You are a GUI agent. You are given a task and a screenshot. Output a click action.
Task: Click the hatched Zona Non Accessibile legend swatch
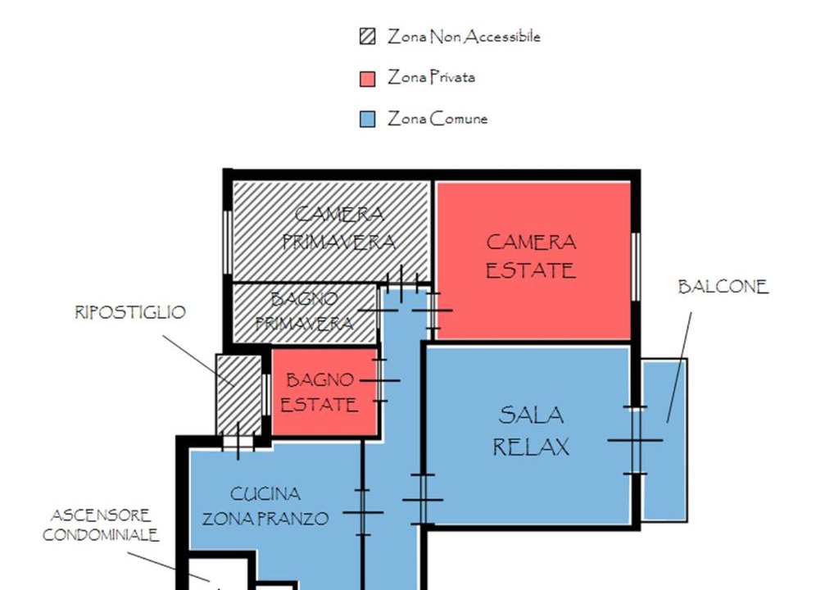pos(367,36)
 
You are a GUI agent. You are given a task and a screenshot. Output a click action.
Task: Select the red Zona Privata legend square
pos(367,79)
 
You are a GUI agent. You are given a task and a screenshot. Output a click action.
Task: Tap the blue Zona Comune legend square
pos(367,120)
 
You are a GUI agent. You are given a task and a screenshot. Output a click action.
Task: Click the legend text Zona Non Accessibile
pos(464,36)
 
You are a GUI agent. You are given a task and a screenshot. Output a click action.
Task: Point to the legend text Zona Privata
pos(431,78)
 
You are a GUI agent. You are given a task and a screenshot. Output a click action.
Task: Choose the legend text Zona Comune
pos(437,119)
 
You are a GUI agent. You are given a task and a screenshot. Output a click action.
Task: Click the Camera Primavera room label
pos(338,228)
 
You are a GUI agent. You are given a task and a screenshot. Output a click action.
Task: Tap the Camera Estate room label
pos(531,256)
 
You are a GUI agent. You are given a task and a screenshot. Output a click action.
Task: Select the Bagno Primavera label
pos(305,311)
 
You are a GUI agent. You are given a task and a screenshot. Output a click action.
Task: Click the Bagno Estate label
pos(319,393)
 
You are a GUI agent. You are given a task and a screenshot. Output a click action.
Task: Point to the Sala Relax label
pos(531,431)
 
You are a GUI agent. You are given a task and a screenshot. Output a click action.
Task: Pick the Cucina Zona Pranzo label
pos(265,506)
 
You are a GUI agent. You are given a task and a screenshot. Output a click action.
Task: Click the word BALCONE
pos(723,287)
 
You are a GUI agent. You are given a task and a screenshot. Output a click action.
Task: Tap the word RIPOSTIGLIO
pos(130,312)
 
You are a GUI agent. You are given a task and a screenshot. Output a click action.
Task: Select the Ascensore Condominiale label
pos(101,525)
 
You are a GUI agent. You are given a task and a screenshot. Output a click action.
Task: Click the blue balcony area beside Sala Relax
pos(664,440)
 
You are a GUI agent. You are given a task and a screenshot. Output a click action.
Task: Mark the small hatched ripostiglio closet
pos(239,395)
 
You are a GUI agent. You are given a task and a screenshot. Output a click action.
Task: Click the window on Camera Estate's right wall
pos(636,266)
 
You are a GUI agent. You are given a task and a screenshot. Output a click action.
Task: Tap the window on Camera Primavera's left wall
pos(228,242)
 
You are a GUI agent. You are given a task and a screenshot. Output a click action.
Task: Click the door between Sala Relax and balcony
pos(635,441)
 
